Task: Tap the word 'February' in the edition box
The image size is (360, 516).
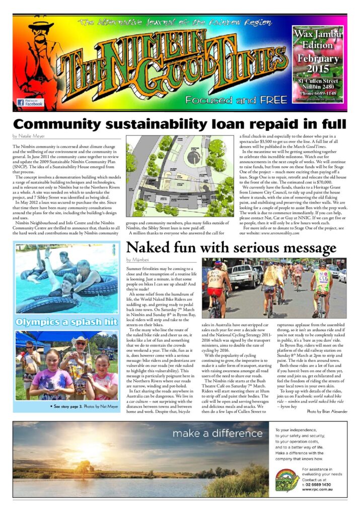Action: coord(318,58)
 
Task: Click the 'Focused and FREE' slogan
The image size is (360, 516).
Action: coord(236,100)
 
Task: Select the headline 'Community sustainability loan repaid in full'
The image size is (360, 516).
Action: coord(180,124)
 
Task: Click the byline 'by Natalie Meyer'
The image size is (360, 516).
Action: coord(29,136)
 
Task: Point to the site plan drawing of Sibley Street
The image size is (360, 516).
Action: coord(180,176)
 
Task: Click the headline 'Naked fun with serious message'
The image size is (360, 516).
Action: coord(231,248)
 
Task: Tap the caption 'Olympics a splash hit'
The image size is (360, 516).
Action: coord(66,321)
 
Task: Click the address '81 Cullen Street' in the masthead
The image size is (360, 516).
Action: coord(318,81)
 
